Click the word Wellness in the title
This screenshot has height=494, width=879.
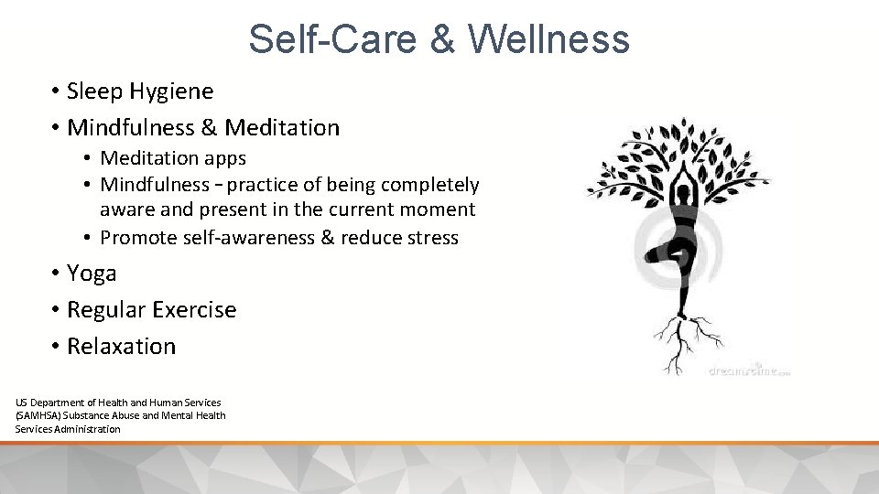tap(548, 39)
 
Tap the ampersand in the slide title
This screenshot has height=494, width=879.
tap(440, 39)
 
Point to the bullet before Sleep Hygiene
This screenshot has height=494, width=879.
tap(55, 91)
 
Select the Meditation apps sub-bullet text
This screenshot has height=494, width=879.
tap(173, 158)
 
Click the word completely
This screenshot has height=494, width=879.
tap(432, 185)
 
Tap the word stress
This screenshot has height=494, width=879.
tap(434, 238)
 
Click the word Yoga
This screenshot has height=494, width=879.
tap(92, 274)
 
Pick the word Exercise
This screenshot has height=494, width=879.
tap(195, 310)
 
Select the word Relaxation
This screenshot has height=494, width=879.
tap(121, 347)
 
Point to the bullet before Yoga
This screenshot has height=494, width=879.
tap(55, 274)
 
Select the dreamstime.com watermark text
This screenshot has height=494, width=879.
tap(748, 371)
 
